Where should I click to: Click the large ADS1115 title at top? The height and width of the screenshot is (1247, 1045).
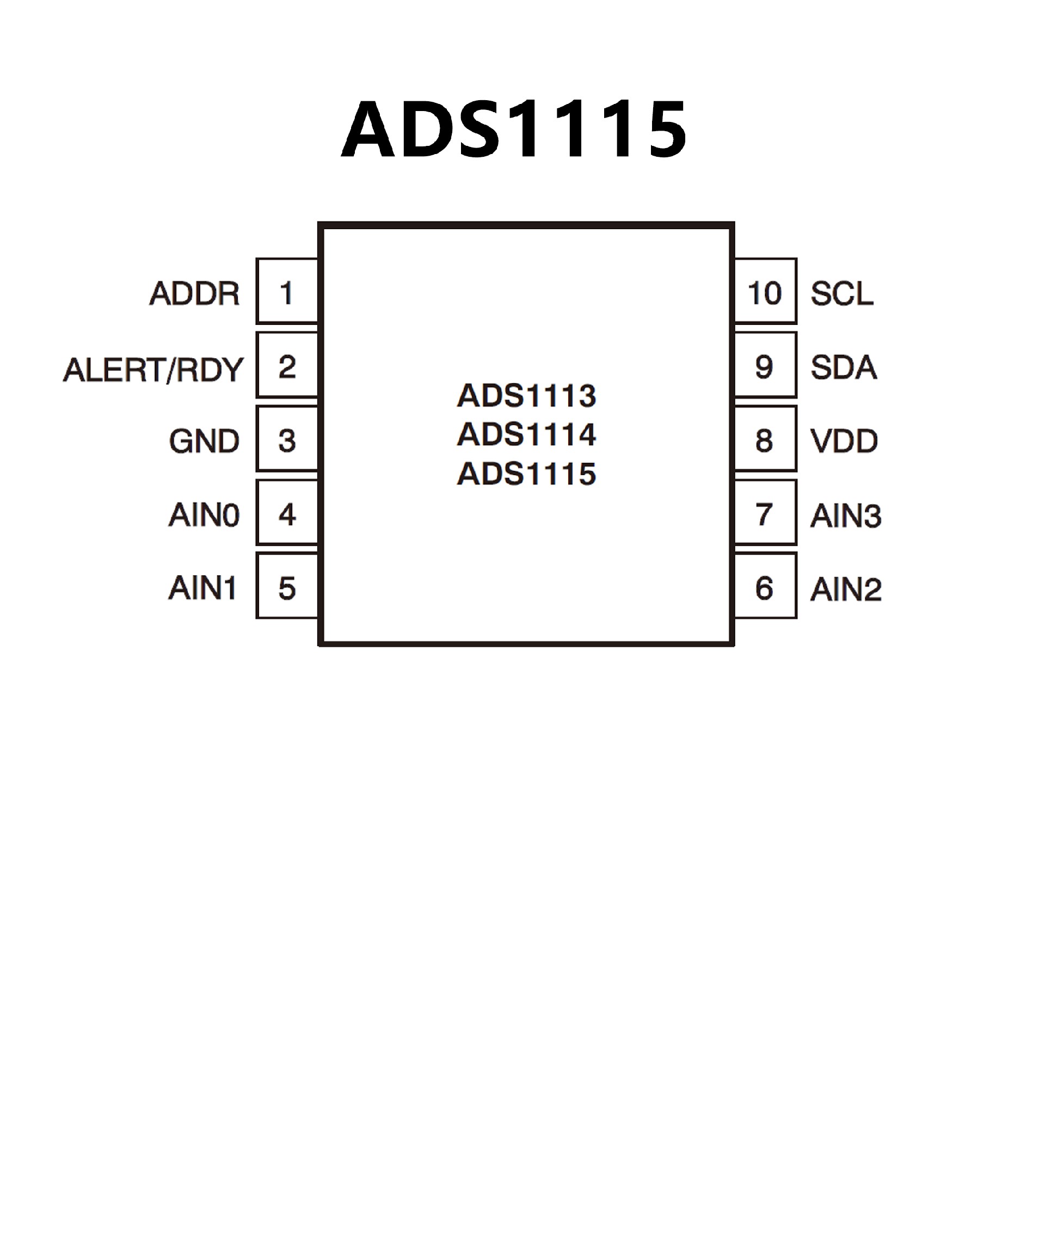click(514, 129)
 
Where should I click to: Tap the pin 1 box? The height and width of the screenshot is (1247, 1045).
click(287, 291)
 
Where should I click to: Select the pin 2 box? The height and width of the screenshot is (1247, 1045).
click(287, 365)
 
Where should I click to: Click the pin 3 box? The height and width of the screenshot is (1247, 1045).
click(287, 439)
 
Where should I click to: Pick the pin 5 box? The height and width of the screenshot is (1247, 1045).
click(287, 586)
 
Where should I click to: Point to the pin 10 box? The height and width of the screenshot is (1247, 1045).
click(765, 291)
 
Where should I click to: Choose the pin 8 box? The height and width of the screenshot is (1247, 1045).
click(765, 439)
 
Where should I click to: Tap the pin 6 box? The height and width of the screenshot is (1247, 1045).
click(765, 586)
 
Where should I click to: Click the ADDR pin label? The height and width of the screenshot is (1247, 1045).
click(195, 293)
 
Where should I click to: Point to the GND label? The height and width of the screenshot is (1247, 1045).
click(204, 441)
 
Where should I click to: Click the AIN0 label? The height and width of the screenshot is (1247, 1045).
click(204, 515)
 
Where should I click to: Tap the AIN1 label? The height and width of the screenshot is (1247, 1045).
click(203, 588)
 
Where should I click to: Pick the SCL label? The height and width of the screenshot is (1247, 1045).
click(842, 293)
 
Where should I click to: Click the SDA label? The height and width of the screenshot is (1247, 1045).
click(843, 367)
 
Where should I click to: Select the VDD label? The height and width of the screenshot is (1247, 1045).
click(844, 441)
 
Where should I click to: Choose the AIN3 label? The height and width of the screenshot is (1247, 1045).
click(845, 515)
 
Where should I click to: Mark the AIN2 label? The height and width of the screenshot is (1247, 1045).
click(845, 589)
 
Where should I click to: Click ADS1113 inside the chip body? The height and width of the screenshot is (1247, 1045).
click(526, 396)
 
